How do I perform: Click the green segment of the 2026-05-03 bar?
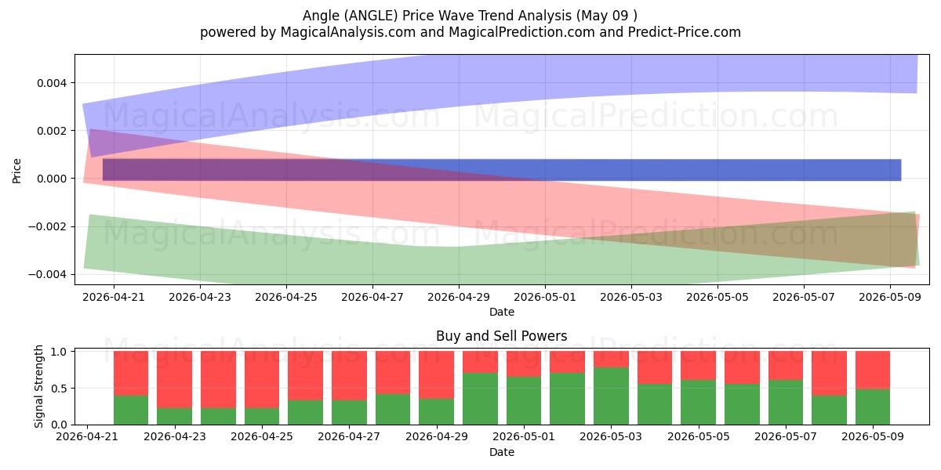click(611, 396)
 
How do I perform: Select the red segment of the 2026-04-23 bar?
click(175, 379)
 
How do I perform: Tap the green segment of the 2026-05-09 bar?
click(873, 407)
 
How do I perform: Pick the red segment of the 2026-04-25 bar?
click(262, 379)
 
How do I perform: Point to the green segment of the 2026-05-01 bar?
click(524, 401)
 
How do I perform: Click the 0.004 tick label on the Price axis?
click(52, 83)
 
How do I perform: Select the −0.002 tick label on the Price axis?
click(48, 226)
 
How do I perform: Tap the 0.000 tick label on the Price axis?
click(52, 179)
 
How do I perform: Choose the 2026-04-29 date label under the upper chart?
click(459, 297)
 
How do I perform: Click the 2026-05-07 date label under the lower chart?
click(786, 436)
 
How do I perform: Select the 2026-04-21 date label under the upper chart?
click(114, 297)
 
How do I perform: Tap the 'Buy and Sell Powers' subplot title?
click(502, 336)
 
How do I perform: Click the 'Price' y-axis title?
click(16, 171)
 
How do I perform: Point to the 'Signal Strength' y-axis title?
click(38, 386)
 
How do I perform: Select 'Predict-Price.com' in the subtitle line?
click(685, 32)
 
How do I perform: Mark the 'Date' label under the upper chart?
click(502, 312)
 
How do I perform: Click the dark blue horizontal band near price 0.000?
click(502, 170)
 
